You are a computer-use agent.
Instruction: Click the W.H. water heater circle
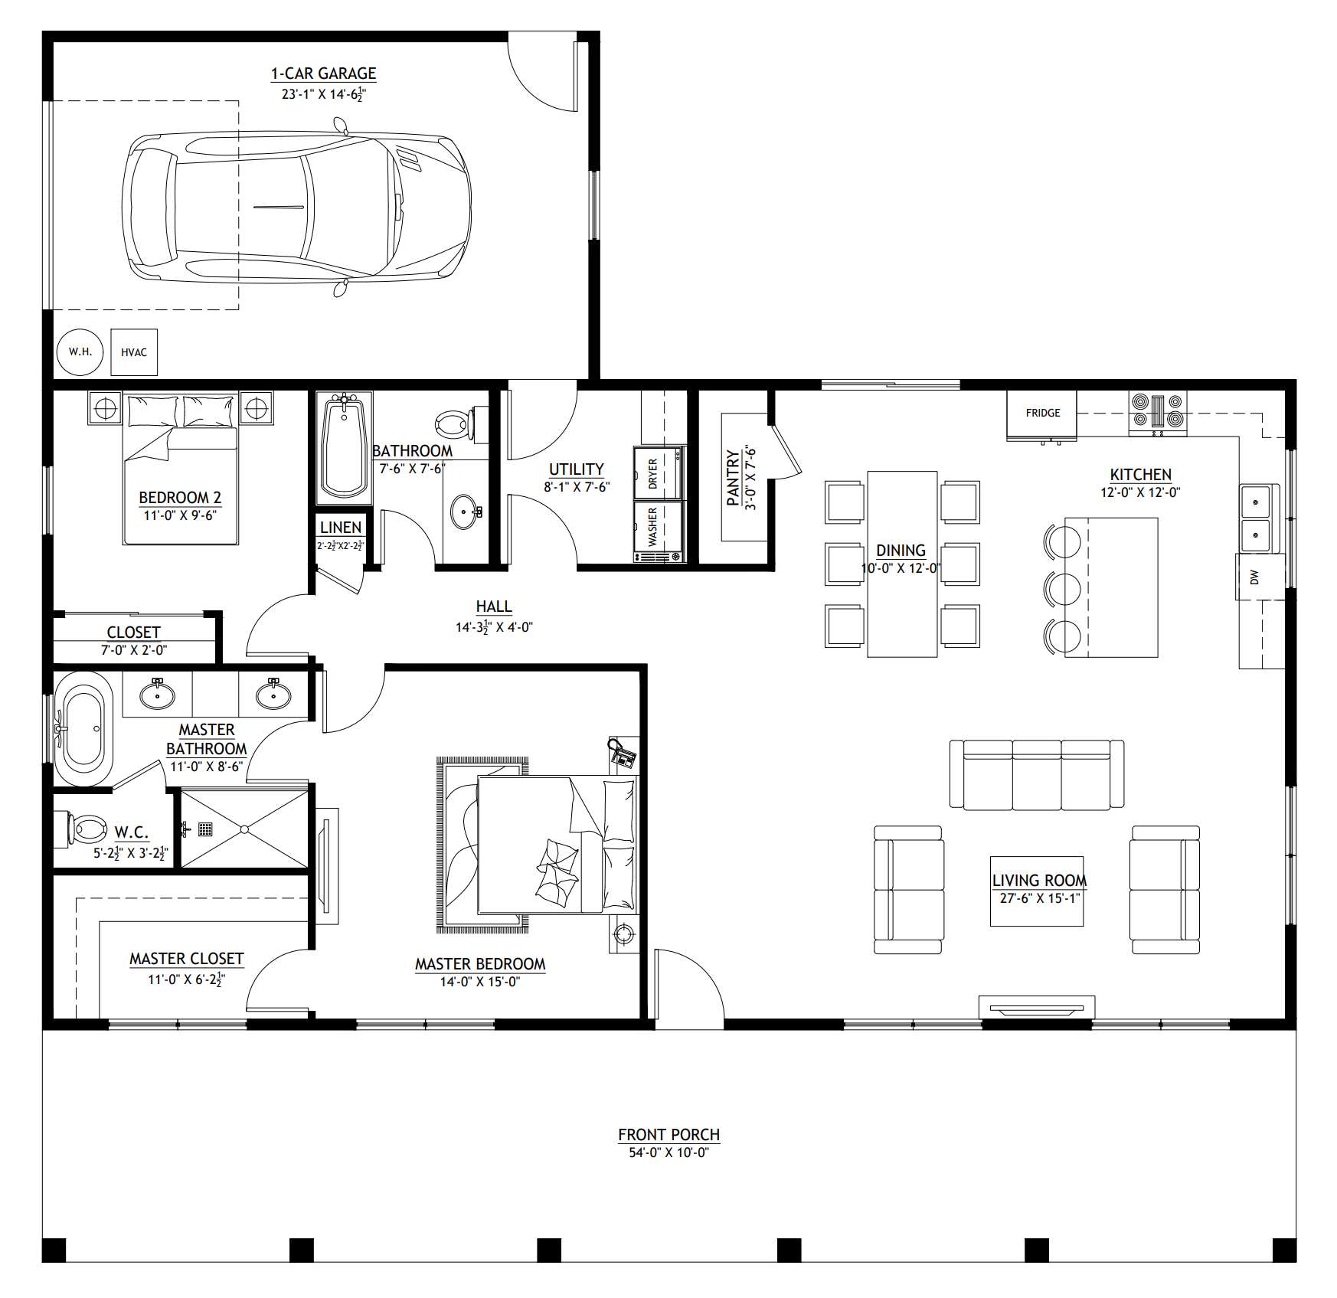(80, 352)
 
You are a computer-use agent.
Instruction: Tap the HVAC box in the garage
(134, 352)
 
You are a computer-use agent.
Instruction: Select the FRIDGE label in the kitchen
(1042, 413)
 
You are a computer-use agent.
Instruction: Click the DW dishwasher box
(1254, 577)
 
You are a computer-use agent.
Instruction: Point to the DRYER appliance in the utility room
(657, 473)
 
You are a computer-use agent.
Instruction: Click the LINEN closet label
(341, 528)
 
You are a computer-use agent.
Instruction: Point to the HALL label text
(494, 607)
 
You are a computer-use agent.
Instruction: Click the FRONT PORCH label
(668, 1135)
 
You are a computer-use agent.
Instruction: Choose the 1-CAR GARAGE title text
(323, 74)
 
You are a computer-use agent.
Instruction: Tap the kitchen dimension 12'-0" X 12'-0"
(1139, 493)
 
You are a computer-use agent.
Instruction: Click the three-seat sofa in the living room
(1036, 775)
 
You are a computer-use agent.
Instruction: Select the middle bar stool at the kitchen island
(1062, 589)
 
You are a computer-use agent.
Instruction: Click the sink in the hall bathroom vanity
(465, 512)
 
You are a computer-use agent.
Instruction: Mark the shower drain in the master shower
(244, 829)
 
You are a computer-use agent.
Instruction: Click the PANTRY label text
(733, 478)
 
